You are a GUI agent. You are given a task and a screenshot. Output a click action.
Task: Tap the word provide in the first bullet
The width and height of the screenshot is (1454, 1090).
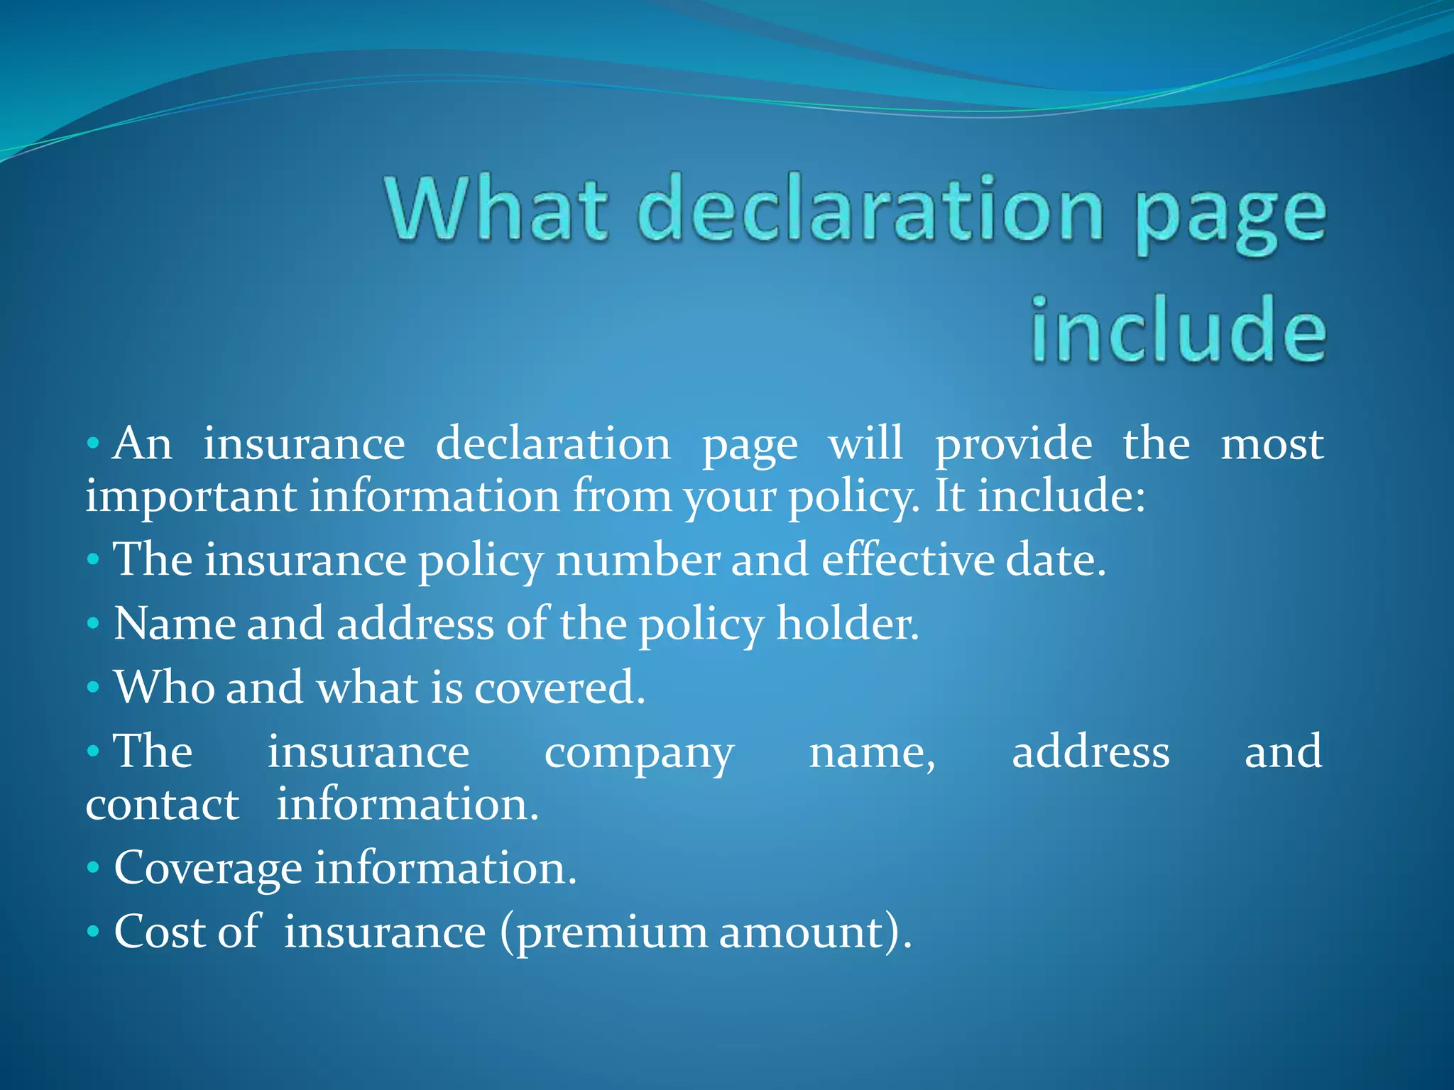(x=1013, y=446)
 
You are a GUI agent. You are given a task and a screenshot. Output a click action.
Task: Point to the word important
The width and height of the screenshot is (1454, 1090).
(x=190, y=497)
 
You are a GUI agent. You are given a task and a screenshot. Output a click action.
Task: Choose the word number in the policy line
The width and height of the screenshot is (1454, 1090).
(x=637, y=559)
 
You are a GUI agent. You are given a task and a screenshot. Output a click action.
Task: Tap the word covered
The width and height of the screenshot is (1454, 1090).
(x=559, y=688)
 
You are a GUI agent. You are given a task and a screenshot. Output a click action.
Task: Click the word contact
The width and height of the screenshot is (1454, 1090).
(x=163, y=805)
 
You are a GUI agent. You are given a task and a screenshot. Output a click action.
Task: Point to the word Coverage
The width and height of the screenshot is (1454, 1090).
(x=208, y=869)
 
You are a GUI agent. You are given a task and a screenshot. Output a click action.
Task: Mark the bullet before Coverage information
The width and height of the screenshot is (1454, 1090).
(x=93, y=868)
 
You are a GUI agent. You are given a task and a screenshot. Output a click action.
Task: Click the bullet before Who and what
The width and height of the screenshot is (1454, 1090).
(x=93, y=688)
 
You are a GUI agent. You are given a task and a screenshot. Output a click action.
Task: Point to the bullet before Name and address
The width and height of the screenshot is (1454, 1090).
(x=93, y=624)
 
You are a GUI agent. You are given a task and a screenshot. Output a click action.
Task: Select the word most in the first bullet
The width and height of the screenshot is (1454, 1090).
(x=1272, y=446)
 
